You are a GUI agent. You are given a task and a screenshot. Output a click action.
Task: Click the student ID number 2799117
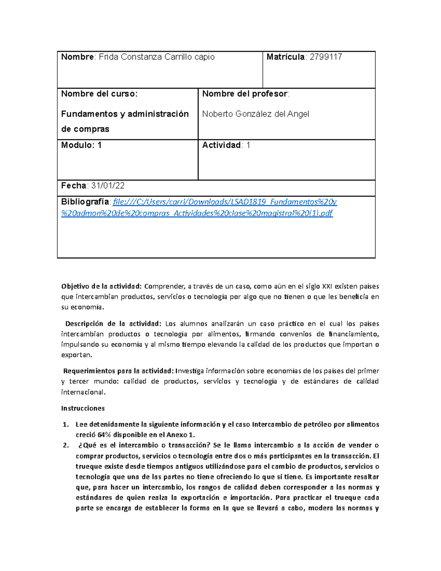click(326, 57)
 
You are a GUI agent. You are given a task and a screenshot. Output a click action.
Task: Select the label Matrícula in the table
click(286, 57)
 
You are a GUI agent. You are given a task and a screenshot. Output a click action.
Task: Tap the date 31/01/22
click(108, 186)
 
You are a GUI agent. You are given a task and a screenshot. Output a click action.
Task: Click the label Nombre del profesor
click(245, 94)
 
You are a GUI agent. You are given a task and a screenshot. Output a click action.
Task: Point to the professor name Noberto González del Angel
click(255, 114)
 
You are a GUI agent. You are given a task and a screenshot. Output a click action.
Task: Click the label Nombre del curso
click(99, 94)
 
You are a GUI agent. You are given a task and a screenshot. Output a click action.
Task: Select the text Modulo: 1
click(81, 145)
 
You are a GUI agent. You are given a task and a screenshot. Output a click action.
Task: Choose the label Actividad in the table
click(221, 145)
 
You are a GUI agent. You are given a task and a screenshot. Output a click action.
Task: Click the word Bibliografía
click(85, 202)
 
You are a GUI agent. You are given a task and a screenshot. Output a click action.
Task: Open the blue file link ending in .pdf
click(197, 213)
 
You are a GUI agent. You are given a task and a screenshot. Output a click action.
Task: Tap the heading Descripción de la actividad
click(113, 324)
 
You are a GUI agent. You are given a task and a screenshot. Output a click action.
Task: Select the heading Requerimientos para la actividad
click(118, 371)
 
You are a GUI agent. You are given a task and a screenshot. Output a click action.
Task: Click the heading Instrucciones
click(83, 408)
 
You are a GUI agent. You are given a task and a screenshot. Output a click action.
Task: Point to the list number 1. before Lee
click(65, 425)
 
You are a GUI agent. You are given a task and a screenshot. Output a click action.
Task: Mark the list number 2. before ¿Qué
click(65, 446)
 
